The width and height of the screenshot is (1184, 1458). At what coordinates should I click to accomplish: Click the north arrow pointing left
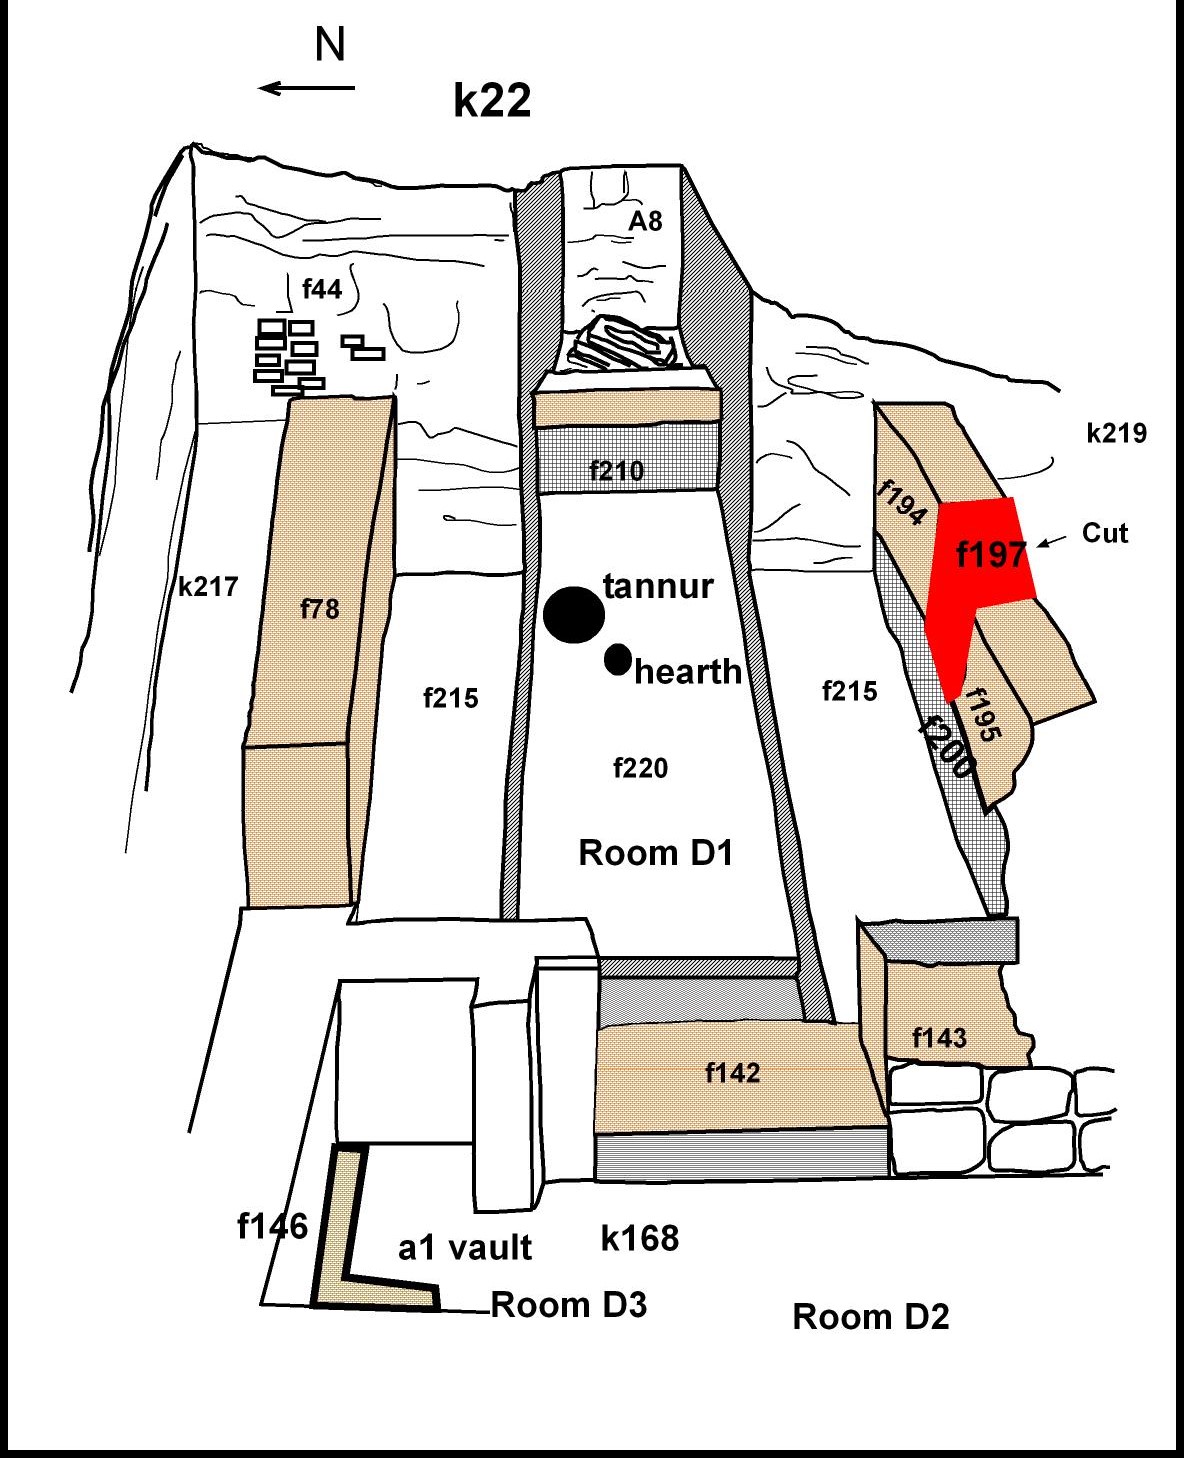pyautogui.click(x=307, y=88)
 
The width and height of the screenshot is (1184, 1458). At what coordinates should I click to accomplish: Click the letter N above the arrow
pyautogui.click(x=330, y=45)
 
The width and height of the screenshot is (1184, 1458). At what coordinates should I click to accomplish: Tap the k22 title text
pyautogui.click(x=492, y=100)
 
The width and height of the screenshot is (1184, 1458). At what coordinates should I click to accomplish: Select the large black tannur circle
pyautogui.click(x=574, y=614)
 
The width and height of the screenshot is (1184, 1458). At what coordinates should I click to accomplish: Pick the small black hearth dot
pyautogui.click(x=618, y=659)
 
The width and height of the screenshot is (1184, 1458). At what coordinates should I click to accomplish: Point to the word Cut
pyautogui.click(x=1104, y=533)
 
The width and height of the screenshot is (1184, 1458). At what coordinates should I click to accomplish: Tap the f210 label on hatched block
pyautogui.click(x=616, y=470)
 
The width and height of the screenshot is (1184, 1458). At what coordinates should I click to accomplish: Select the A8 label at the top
pyautogui.click(x=645, y=221)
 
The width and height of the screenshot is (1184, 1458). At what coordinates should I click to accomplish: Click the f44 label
pyautogui.click(x=322, y=289)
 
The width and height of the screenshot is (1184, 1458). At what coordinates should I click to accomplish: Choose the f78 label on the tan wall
pyautogui.click(x=320, y=608)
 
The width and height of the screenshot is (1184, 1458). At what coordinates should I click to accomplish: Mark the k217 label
pyautogui.click(x=208, y=586)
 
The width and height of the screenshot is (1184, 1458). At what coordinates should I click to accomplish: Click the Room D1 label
pyautogui.click(x=656, y=853)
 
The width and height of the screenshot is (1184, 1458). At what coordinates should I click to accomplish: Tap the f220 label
pyautogui.click(x=640, y=768)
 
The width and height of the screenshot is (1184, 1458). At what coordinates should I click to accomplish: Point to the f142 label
pyautogui.click(x=733, y=1073)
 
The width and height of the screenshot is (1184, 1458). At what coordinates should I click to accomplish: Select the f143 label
pyautogui.click(x=940, y=1038)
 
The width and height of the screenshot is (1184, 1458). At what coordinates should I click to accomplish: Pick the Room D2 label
pyautogui.click(x=870, y=1317)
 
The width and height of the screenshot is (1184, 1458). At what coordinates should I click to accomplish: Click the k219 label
pyautogui.click(x=1116, y=433)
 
